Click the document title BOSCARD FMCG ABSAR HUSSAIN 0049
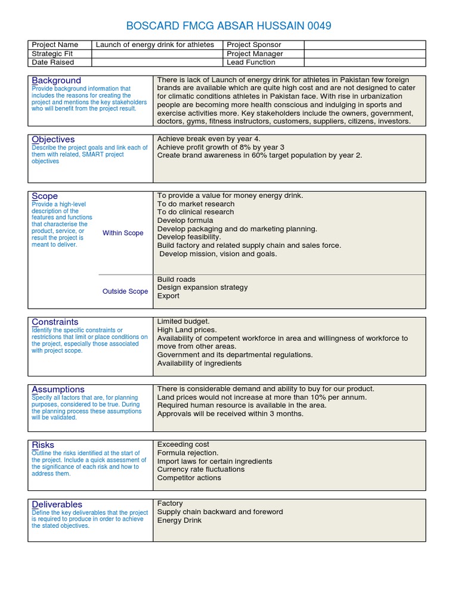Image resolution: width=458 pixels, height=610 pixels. pos(229,26)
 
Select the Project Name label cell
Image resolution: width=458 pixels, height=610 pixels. pos(55,45)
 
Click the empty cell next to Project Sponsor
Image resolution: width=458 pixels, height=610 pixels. pos(364,45)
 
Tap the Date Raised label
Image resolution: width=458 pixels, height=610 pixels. pos(53,62)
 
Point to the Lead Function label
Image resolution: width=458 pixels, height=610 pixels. pos(251,62)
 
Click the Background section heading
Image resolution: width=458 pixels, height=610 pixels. pos(57,80)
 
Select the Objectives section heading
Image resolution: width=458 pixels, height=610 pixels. pos(53,139)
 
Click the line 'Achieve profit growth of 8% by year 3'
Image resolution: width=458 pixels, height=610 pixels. pos(221,147)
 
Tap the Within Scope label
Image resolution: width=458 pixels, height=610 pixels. pos(123,233)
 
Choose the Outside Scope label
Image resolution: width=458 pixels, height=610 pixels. pos(125,291)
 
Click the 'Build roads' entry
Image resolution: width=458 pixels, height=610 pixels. pos(176,279)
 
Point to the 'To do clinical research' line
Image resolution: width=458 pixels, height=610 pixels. pos(196,212)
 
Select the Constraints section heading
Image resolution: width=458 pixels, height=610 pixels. pos(55,322)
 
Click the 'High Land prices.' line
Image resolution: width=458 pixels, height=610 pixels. pos(187,330)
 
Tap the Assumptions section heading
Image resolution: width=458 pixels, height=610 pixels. pos(58,390)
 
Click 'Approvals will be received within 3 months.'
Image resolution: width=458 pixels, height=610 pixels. pos(230,413)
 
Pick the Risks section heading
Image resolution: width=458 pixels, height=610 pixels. pos(43,445)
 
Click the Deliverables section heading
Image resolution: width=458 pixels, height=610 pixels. pos(57,505)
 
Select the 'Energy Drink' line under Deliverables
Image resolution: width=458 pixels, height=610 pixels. pos(180,520)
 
